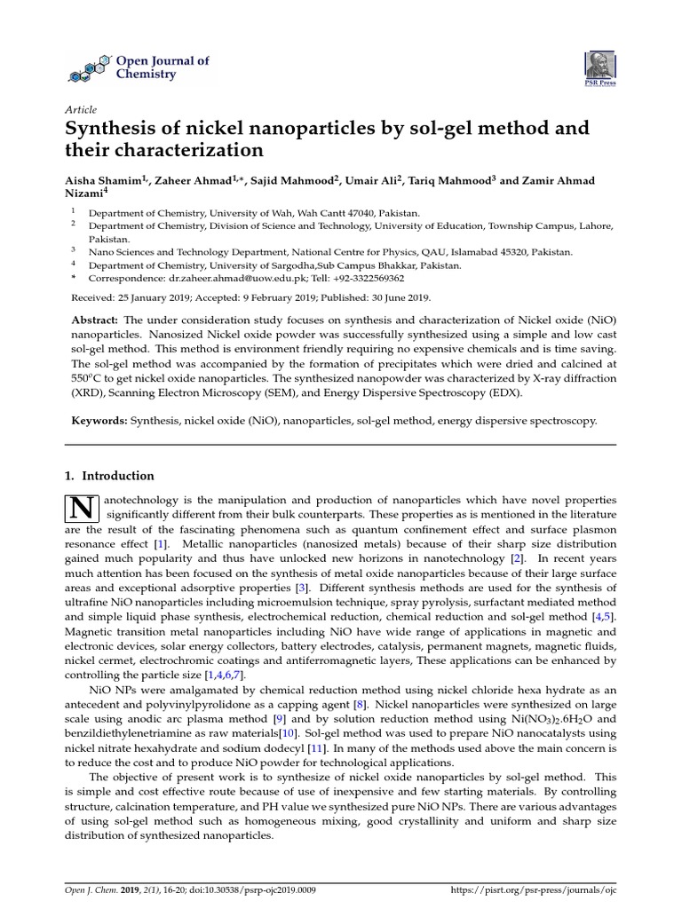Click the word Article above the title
pos(82,109)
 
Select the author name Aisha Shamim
pos(105,181)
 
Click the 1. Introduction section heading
pos(110,476)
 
